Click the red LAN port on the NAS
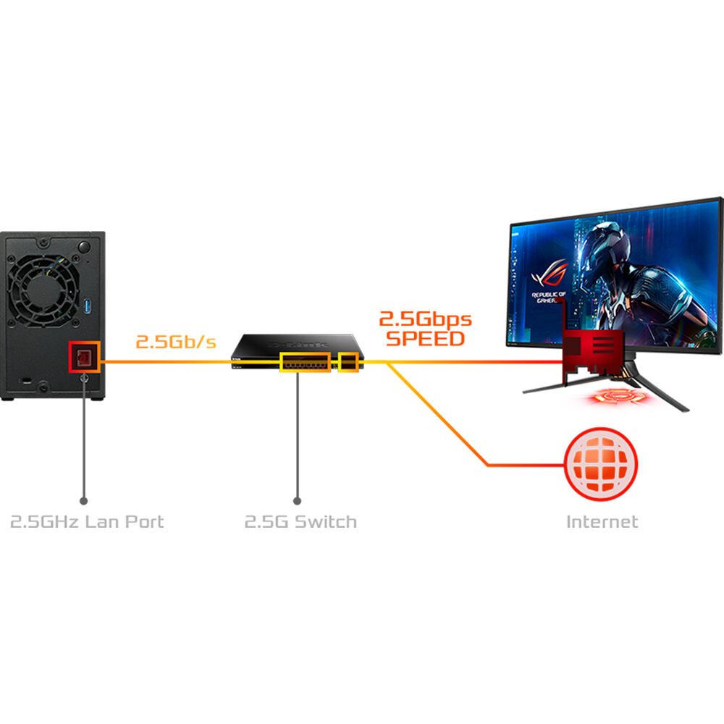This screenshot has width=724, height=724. pos(84,358)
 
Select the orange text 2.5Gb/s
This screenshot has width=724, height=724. pos(176,341)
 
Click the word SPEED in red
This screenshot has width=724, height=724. pos(425,338)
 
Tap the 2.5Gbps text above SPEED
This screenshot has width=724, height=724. pos(425,319)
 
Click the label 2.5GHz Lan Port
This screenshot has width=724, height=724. pos(87,521)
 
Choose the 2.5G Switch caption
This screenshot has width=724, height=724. pos(300,521)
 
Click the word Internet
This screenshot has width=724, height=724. pos(602,521)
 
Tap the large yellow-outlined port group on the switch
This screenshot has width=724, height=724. pos(304,361)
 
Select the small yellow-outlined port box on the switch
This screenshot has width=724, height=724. pos(349,361)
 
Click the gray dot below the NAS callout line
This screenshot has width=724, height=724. pos(84,500)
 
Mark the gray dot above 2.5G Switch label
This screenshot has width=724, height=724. pos(297,500)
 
